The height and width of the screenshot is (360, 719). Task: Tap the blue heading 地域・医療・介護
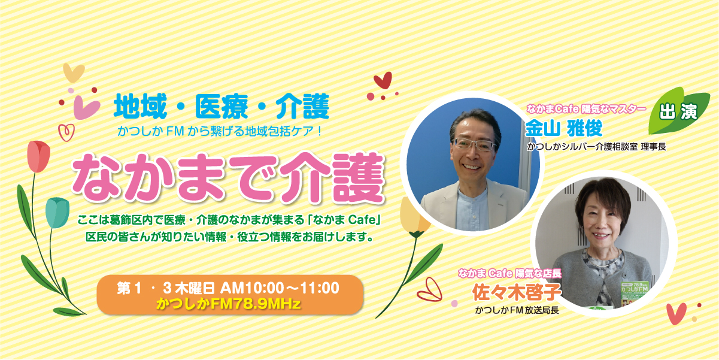coord(222,106)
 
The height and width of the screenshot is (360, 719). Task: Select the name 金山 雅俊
coord(564,128)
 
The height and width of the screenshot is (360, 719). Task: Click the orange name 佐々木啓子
coord(517,292)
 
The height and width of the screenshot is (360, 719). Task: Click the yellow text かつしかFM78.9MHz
coord(228,304)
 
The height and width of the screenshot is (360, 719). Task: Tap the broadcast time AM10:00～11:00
coord(280,288)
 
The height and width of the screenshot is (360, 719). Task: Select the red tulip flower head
coord(38,156)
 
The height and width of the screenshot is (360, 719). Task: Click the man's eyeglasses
coord(474,144)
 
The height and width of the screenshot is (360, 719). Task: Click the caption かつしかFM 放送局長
coord(517,310)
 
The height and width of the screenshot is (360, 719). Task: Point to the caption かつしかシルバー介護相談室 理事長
coord(596,147)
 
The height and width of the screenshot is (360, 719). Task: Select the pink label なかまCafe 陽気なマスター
coord(586,109)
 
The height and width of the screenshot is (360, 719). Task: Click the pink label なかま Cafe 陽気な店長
coord(509,274)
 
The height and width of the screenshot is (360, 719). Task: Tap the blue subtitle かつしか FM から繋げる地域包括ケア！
coord(220,131)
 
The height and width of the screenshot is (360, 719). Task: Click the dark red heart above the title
coord(383,80)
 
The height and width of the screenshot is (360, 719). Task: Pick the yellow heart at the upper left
coord(74,72)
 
